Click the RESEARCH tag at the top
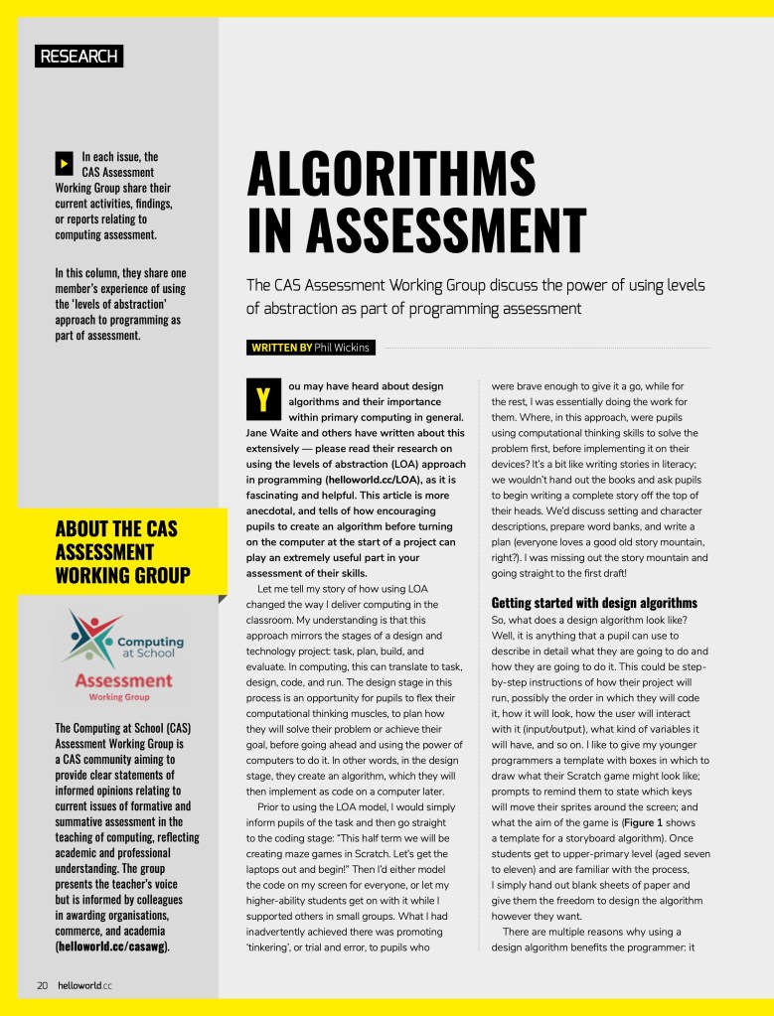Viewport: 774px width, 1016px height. (x=78, y=56)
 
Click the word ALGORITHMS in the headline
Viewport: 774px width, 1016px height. (x=390, y=175)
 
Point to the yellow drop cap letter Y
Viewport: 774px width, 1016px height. (x=261, y=399)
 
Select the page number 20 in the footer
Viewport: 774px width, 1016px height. (x=43, y=985)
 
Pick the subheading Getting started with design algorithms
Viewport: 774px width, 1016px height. (x=594, y=603)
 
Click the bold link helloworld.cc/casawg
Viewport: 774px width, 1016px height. (x=112, y=946)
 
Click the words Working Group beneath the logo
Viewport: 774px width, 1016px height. (x=120, y=697)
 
